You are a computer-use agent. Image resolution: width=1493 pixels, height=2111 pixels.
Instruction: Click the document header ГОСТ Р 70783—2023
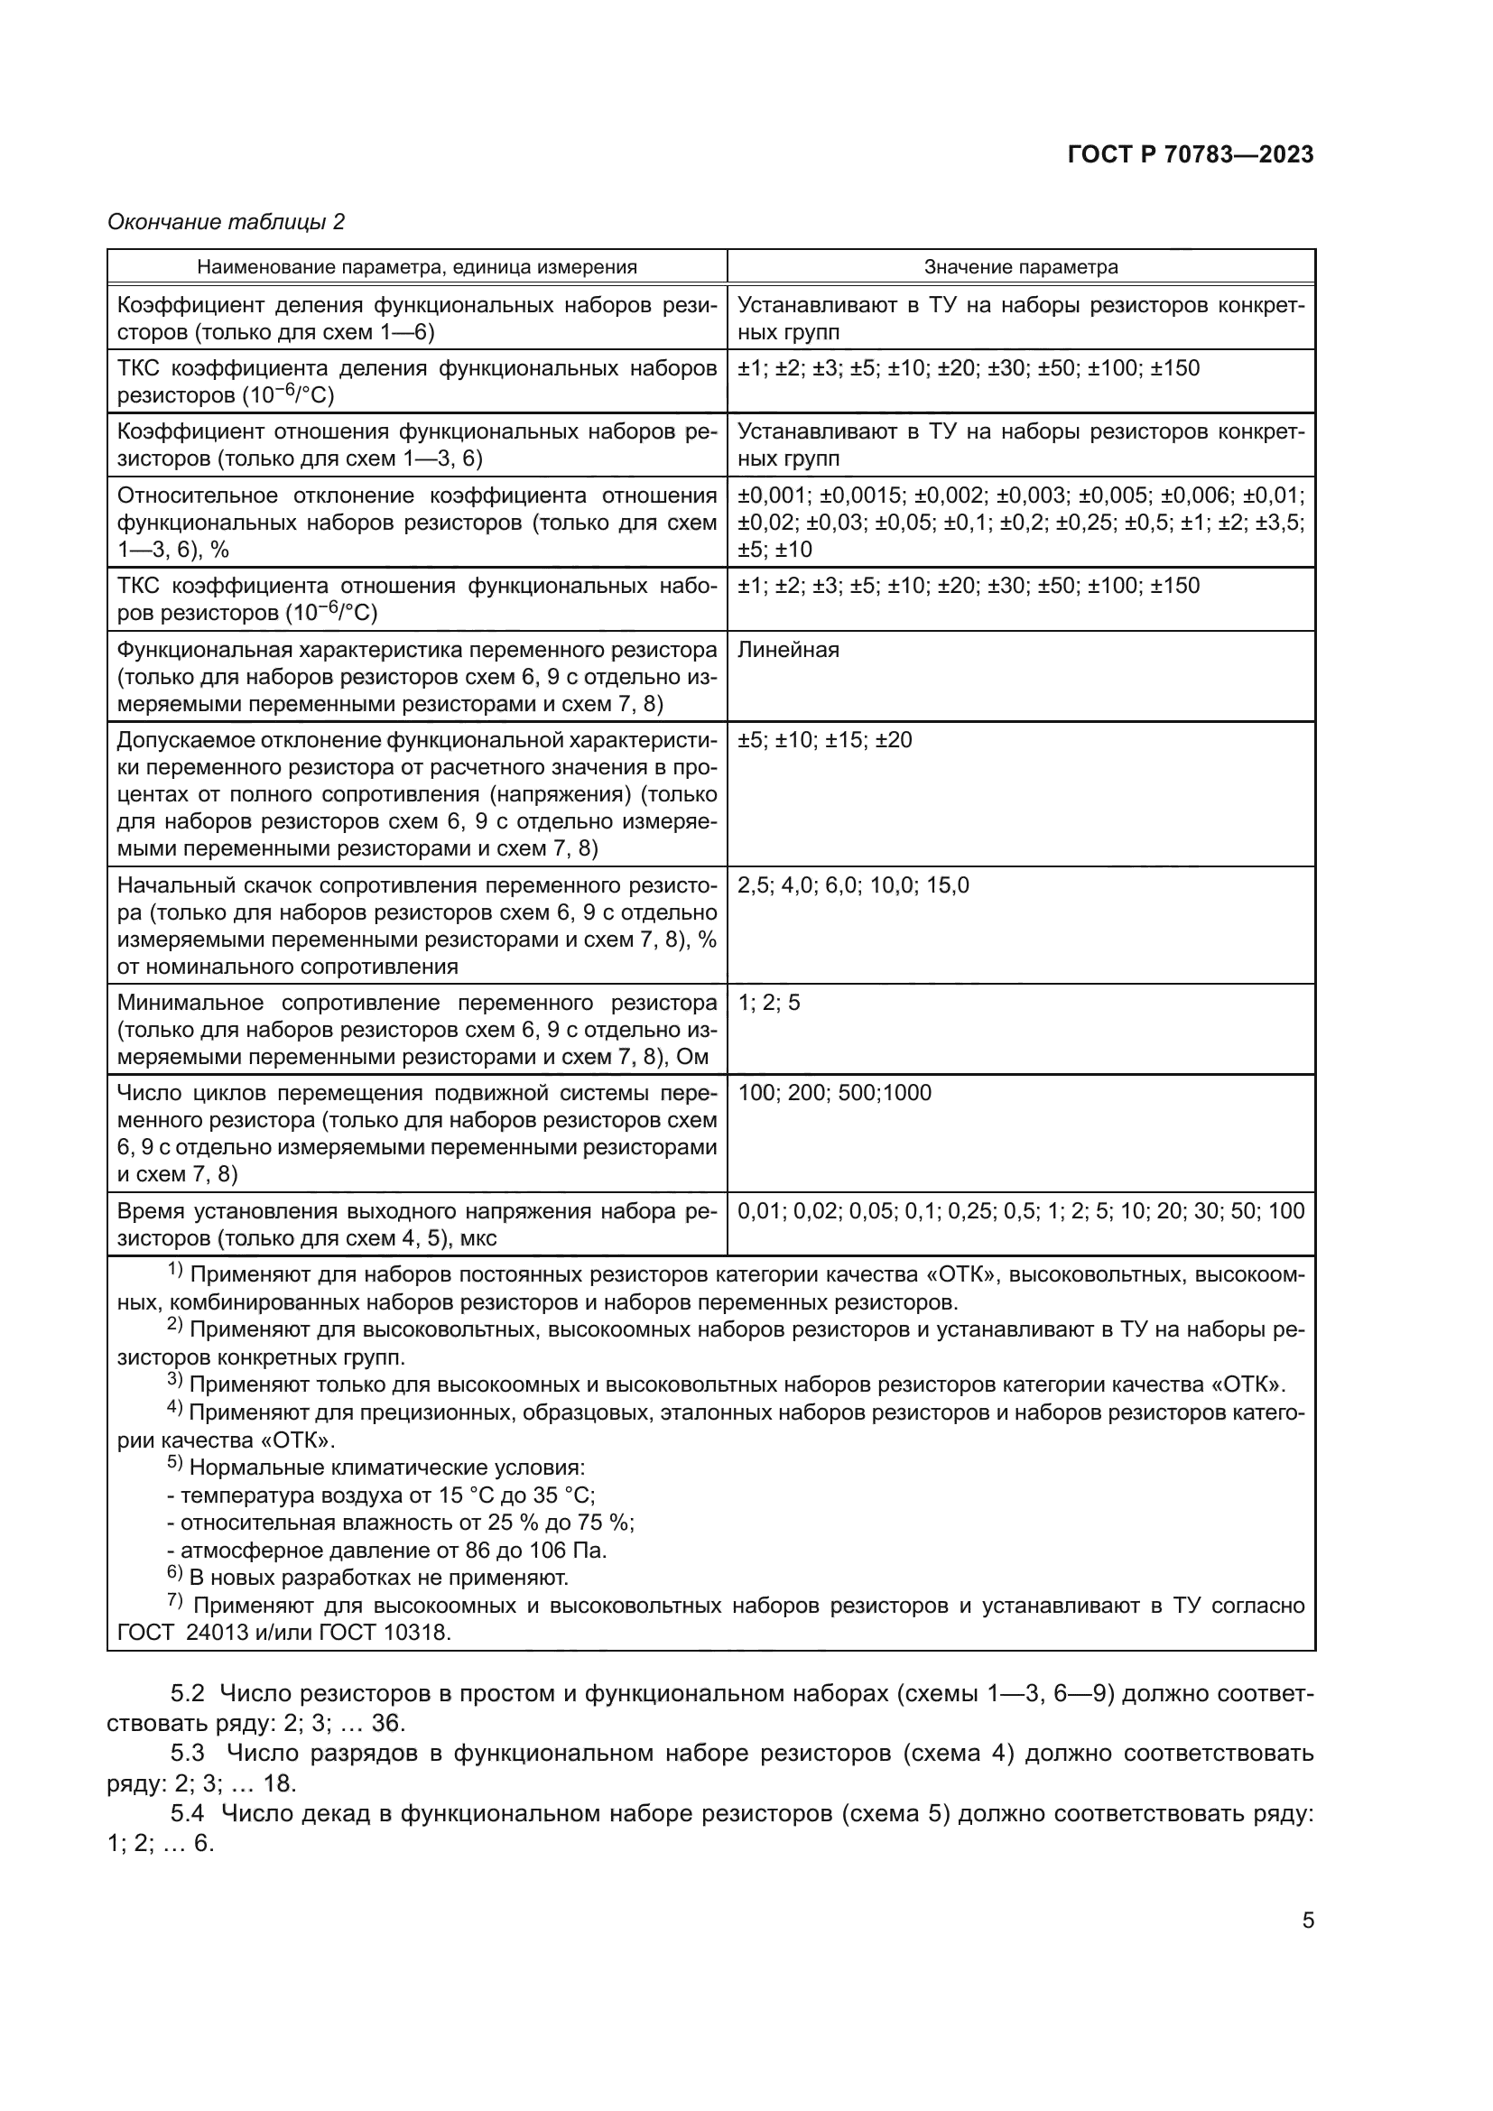1190,154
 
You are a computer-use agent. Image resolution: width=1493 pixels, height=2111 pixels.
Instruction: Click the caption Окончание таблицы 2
226,222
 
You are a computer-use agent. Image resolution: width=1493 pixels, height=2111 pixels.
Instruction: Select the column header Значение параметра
1021,266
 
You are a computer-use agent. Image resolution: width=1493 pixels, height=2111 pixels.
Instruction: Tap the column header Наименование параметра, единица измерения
416,266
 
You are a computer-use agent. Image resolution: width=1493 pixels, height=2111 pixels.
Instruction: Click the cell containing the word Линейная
788,650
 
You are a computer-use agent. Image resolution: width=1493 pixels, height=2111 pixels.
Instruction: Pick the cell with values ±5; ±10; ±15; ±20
824,740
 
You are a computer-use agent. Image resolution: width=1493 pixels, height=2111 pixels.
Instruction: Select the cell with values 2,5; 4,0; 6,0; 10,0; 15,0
852,885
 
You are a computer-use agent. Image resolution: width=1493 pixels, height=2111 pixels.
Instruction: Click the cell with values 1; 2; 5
768,1002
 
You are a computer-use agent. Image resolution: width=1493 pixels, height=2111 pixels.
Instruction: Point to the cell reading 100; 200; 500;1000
834,1092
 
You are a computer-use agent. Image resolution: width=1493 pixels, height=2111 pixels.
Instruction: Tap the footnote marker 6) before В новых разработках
175,1575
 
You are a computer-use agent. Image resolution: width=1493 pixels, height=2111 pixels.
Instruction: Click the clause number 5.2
189,1692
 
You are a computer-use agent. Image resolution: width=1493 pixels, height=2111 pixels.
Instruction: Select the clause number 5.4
189,1813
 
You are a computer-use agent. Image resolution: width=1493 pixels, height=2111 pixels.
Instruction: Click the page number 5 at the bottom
1307,1921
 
